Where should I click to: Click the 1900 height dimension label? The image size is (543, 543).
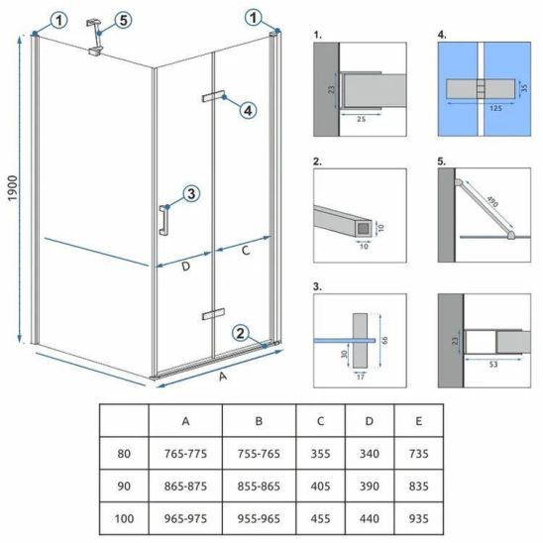pyautogui.click(x=13, y=188)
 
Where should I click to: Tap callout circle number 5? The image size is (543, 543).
pyautogui.click(x=123, y=20)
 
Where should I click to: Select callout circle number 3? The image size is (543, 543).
pyautogui.click(x=191, y=193)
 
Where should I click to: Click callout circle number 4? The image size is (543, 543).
pyautogui.click(x=248, y=111)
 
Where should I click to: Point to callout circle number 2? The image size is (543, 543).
pyautogui.click(x=241, y=334)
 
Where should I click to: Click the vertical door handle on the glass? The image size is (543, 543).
pyautogui.click(x=163, y=221)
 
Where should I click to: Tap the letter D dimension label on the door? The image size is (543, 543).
pyautogui.click(x=185, y=267)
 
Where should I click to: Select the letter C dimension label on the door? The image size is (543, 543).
pyautogui.click(x=246, y=250)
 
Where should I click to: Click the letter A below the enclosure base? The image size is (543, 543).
pyautogui.click(x=223, y=377)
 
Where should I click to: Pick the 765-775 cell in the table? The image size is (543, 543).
pyautogui.click(x=185, y=453)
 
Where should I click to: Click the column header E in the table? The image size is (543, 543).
pyautogui.click(x=419, y=421)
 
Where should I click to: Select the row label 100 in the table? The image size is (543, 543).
pyautogui.click(x=124, y=518)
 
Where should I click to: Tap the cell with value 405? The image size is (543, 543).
pyautogui.click(x=320, y=486)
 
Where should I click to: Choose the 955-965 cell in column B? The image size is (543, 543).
pyautogui.click(x=259, y=518)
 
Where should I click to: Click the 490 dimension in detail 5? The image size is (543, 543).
pyautogui.click(x=492, y=201)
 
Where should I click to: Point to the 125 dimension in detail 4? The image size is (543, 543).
pyautogui.click(x=495, y=108)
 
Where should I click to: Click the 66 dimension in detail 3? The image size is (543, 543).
pyautogui.click(x=385, y=340)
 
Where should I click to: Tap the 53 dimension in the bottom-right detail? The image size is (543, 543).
pyautogui.click(x=493, y=365)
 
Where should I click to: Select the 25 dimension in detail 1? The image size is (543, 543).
pyautogui.click(x=361, y=119)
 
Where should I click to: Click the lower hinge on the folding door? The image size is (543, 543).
pyautogui.click(x=213, y=314)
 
